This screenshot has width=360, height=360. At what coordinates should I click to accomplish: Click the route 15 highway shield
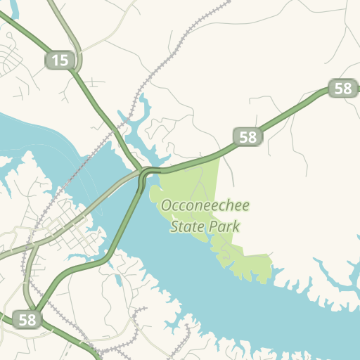(x=60, y=60)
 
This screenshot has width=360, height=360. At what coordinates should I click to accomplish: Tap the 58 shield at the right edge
(x=343, y=89)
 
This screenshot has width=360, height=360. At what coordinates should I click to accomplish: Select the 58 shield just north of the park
(x=248, y=137)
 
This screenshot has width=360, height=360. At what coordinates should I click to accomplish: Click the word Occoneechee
(x=205, y=206)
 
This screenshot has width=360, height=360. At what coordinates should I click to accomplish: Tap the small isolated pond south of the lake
(x=119, y=281)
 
